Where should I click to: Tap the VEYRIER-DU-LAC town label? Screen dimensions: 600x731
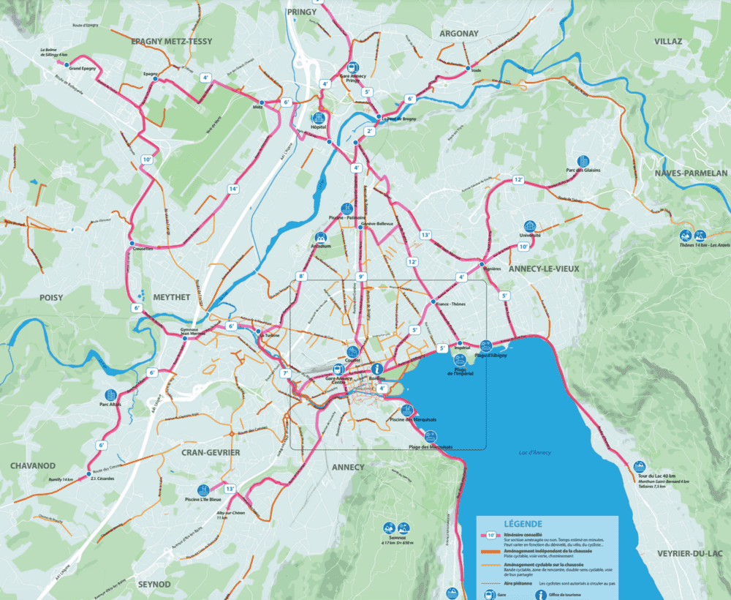691,552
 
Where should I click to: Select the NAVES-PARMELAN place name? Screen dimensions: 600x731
691,173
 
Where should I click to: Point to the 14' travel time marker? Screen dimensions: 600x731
233,189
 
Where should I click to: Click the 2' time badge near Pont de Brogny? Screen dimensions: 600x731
370,131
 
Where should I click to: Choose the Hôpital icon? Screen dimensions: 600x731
319,117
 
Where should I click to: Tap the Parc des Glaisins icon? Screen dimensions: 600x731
583,161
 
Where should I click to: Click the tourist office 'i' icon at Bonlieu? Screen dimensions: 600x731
378,369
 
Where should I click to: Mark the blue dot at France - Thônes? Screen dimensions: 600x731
433,302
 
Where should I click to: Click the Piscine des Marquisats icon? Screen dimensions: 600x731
407,410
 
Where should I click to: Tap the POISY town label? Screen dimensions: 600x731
51,298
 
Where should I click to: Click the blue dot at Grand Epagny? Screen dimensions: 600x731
67,65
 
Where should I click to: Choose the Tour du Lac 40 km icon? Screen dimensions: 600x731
640,466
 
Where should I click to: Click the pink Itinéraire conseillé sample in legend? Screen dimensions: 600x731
492,535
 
